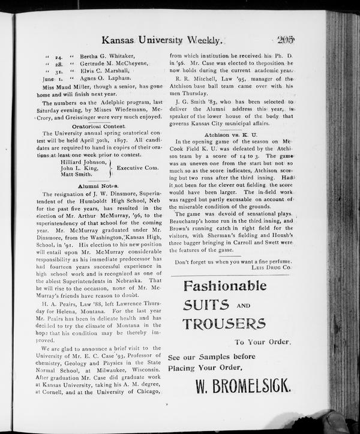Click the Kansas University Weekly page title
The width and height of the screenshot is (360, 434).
pyautogui.click(x=163, y=41)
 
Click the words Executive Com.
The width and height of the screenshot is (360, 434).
pyautogui.click(x=137, y=168)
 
